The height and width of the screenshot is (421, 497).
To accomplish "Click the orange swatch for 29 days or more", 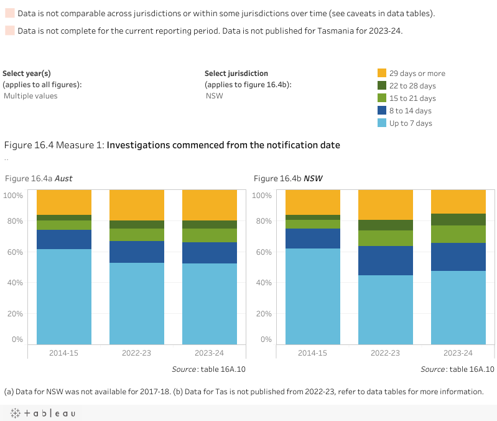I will tap(383, 73).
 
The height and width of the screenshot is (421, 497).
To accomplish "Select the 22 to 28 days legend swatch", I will tap(383, 86).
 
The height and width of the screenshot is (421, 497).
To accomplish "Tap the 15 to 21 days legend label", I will tap(412, 98).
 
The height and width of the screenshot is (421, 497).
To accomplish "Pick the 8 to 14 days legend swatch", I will tap(383, 111).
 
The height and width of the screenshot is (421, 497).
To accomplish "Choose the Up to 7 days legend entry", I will tap(411, 123).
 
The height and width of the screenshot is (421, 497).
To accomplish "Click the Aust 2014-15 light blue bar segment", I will tap(64, 296).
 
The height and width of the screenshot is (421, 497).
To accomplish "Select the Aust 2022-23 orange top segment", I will tap(137, 205).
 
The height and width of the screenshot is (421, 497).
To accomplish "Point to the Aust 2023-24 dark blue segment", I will tap(210, 253).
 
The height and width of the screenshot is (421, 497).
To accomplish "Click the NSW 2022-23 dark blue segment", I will tap(386, 260).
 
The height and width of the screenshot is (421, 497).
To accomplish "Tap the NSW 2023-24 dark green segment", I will tap(458, 219).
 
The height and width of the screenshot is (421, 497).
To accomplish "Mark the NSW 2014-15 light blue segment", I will tap(313, 296).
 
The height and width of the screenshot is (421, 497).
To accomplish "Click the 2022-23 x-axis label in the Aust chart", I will tap(137, 353).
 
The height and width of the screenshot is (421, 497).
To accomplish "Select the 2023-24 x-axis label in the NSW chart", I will tap(458, 353).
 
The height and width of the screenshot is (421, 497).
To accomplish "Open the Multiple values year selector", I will tap(30, 96).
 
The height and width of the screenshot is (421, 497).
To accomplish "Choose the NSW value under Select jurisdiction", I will tap(214, 96).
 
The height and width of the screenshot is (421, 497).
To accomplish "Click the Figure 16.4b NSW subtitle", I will tap(288, 179).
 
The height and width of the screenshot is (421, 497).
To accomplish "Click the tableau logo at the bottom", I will tap(42, 414).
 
